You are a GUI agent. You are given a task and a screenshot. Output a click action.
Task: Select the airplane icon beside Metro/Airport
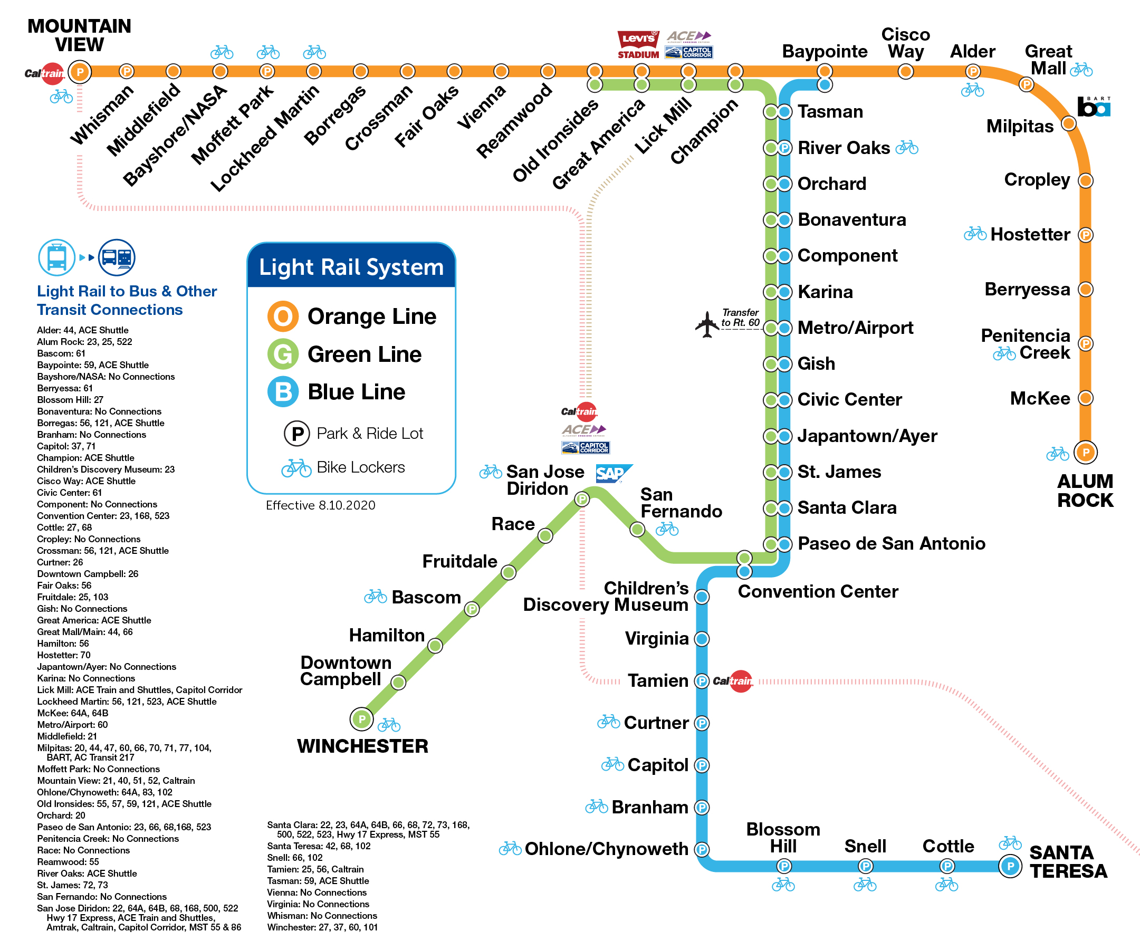click(x=707, y=324)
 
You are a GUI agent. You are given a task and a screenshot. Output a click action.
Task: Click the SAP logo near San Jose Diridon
click(x=613, y=473)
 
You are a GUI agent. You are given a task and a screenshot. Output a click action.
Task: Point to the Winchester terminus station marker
click(x=361, y=719)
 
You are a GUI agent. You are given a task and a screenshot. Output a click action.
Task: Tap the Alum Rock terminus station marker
click(x=1086, y=452)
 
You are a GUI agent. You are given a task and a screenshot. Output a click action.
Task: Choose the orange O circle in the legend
click(x=283, y=316)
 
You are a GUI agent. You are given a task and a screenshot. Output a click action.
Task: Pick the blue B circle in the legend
click(x=283, y=391)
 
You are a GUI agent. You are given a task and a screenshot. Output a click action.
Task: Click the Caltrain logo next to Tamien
click(x=733, y=681)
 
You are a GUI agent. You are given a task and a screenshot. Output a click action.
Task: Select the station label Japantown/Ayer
click(x=867, y=436)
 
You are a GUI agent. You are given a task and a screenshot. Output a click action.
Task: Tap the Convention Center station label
click(x=818, y=591)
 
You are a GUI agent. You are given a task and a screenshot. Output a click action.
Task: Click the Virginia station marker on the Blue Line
click(x=702, y=639)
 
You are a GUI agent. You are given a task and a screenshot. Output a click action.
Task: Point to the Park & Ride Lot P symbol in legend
click(x=297, y=433)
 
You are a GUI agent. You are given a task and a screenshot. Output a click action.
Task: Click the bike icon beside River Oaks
click(x=907, y=147)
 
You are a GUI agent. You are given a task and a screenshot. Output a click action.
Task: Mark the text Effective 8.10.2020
click(x=320, y=505)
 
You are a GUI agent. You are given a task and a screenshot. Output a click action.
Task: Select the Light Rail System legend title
click(x=351, y=267)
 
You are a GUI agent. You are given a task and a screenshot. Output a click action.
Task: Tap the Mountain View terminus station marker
click(x=80, y=72)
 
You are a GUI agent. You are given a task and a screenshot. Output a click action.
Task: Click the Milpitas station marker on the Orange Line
click(x=1068, y=124)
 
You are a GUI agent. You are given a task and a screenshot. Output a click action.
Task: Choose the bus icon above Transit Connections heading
click(x=117, y=257)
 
